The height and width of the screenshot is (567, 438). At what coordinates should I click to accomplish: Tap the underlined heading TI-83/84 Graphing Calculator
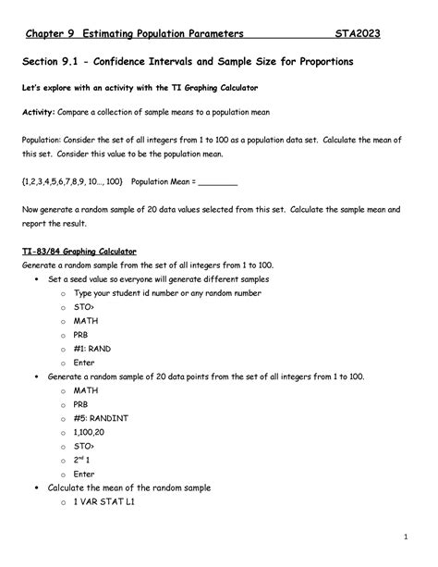(79, 251)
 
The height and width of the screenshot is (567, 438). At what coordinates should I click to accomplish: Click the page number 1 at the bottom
(407, 537)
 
